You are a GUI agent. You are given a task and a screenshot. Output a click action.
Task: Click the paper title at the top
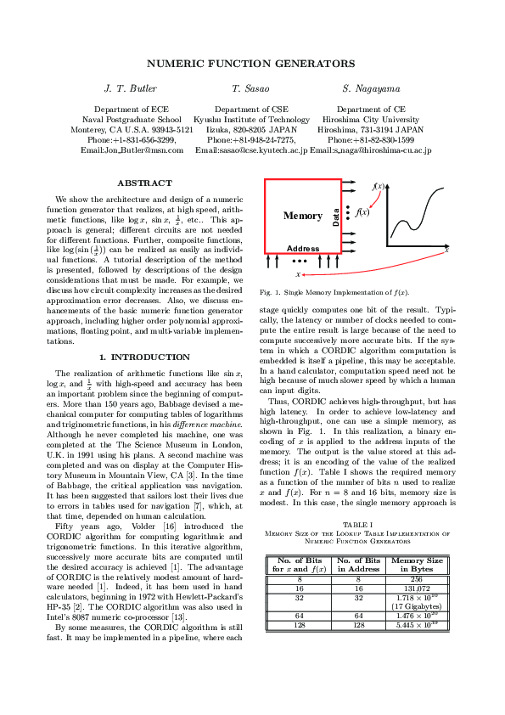(251, 64)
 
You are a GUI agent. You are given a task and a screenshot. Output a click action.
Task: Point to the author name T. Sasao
(251, 88)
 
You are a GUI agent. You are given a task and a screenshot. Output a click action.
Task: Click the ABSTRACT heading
(143, 183)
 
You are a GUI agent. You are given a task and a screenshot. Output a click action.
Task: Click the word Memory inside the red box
(303, 216)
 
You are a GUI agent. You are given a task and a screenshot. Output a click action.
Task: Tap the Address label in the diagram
(303, 249)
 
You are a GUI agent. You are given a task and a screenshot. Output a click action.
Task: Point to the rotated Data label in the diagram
(336, 217)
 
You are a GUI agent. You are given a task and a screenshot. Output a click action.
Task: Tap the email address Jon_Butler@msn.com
(132, 149)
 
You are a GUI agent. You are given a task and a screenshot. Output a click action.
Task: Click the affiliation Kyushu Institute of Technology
(251, 120)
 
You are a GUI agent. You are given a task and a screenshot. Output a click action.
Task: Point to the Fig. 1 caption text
(334, 292)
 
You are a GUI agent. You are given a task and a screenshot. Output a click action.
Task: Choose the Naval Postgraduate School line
(132, 120)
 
